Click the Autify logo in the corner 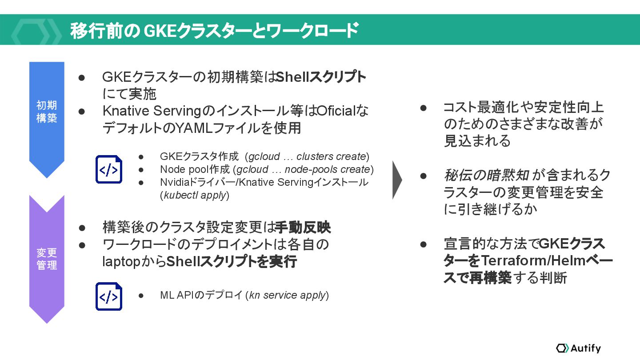coord(578,348)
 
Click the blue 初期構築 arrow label coord(47,112)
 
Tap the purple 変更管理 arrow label coord(47,259)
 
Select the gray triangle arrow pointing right coord(397,180)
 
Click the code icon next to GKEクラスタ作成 coord(109,169)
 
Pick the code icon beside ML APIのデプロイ coord(109,296)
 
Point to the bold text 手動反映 coord(303,228)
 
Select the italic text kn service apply coord(288,295)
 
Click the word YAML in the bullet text coord(193,128)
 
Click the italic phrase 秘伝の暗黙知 coord(486,176)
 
